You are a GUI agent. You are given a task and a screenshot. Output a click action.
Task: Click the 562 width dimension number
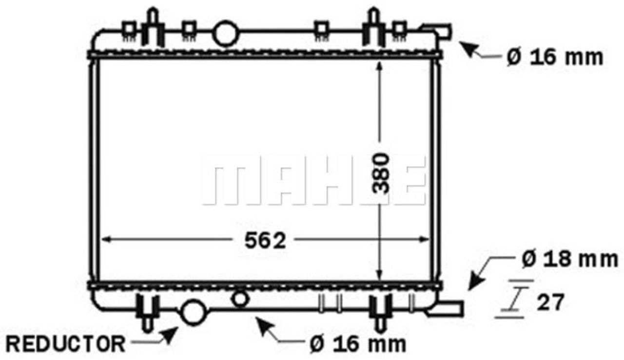point(265,241)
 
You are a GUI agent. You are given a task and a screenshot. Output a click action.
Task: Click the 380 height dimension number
point(381,173)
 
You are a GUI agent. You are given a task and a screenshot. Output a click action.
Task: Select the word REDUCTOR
point(66,344)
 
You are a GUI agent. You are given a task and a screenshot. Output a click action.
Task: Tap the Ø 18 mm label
point(570,259)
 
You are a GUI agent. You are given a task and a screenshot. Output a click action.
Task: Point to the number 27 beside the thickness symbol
point(550,302)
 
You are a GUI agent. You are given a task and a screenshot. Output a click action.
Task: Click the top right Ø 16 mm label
point(555,57)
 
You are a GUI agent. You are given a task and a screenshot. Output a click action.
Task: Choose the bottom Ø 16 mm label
point(358,344)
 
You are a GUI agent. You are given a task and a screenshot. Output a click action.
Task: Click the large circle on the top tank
point(226,33)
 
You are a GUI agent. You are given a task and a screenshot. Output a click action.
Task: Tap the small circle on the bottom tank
point(240,299)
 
